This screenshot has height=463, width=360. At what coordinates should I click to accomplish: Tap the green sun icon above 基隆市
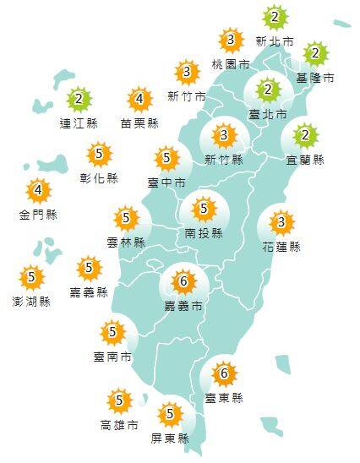pyautogui.click(x=315, y=55)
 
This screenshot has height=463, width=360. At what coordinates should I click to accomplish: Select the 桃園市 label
pyautogui.click(x=231, y=64)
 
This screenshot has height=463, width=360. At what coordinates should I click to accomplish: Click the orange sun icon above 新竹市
pyautogui.click(x=187, y=73)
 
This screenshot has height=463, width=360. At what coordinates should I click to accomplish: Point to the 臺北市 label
pyautogui.click(x=268, y=113)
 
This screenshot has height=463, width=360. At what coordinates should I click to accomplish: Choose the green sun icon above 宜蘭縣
pyautogui.click(x=306, y=135)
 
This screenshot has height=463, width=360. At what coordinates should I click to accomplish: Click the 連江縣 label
pyautogui.click(x=79, y=123)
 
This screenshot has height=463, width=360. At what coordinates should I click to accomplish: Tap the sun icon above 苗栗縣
pyautogui.click(x=139, y=101)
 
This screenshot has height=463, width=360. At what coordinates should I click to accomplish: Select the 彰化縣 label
pyautogui.click(x=100, y=178)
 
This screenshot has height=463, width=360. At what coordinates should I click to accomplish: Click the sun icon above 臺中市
pyautogui.click(x=167, y=158)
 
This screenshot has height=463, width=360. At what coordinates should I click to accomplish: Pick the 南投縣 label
pyautogui.click(x=203, y=232)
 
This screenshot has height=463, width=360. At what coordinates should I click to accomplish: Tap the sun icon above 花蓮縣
pyautogui.click(x=282, y=223)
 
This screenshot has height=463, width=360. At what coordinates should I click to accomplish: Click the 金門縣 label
pyautogui.click(x=38, y=215)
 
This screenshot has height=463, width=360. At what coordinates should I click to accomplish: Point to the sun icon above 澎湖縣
pyautogui.click(x=31, y=277)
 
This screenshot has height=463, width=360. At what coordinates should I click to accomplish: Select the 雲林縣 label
pyautogui.click(x=126, y=242)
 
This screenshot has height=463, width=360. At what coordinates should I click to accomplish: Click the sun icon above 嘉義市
pyautogui.click(x=184, y=281)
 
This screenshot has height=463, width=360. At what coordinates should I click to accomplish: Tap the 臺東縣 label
pyautogui.click(x=224, y=397)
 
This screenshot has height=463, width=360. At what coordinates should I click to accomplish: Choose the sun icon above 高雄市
pyautogui.click(x=119, y=400)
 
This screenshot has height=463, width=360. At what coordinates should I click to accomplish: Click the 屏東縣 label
pyautogui.click(x=172, y=438)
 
